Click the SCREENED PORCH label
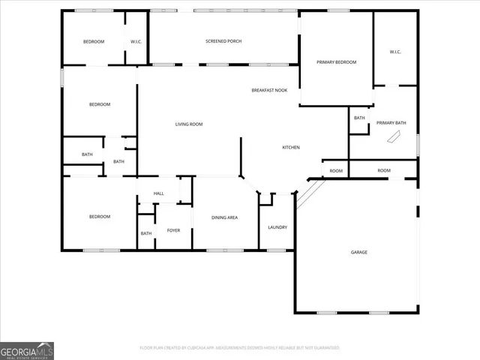point(223,41)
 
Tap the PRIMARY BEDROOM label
point(336,62)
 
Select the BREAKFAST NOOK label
point(269,90)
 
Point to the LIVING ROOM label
point(189,124)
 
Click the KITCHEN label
point(291,148)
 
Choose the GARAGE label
point(359,252)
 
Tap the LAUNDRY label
point(277,227)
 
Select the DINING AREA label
point(224,217)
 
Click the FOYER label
point(173,230)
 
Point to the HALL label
point(159,193)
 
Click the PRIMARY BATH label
point(391,123)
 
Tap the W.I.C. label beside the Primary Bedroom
point(395,52)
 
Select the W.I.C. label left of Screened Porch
point(136,41)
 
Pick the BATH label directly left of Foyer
point(145,233)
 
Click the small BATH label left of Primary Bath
point(359,118)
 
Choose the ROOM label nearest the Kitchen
point(336,171)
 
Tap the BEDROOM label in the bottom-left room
point(100,217)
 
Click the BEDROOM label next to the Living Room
point(100,104)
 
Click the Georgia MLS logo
point(27,350)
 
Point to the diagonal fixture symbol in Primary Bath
point(393,137)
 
